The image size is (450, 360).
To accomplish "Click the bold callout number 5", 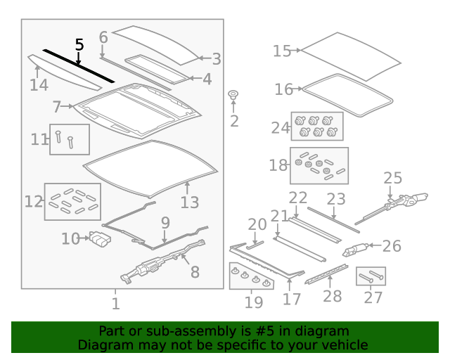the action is [x=79, y=45].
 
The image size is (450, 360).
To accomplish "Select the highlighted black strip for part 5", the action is [x=79, y=66].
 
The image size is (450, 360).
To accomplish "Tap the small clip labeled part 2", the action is [x=233, y=95].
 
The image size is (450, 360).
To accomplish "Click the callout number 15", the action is [x=282, y=51].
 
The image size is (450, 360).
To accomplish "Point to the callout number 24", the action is [x=281, y=127].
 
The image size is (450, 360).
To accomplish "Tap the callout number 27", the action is [x=373, y=297].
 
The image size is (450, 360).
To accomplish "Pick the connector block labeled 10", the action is [x=101, y=239].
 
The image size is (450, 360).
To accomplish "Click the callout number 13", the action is [x=190, y=202].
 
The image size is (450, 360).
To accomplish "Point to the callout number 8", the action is [x=195, y=272].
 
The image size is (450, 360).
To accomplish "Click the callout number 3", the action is [x=217, y=59].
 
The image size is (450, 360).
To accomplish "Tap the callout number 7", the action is [x=57, y=106].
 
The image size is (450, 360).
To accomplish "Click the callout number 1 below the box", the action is [x=115, y=304].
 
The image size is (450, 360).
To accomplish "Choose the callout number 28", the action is [x=333, y=296].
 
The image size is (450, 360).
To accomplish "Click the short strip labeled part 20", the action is [x=255, y=245].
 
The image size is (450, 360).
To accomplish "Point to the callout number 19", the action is [x=254, y=302].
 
